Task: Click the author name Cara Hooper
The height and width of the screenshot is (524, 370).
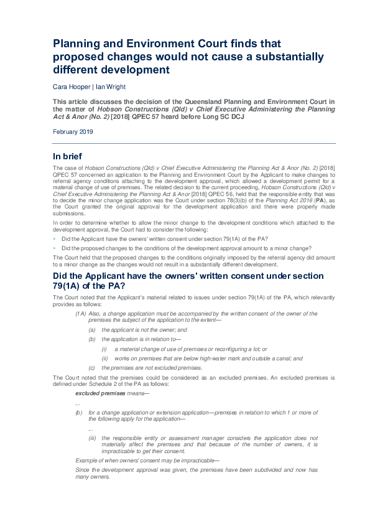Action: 69,87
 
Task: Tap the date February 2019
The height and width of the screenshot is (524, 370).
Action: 73,132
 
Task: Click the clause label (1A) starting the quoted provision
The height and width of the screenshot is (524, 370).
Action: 81,314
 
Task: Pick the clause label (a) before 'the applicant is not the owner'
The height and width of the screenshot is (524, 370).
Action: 92,330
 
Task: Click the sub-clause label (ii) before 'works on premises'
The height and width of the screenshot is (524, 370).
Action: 105,358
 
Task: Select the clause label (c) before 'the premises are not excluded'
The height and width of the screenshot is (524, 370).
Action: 92,368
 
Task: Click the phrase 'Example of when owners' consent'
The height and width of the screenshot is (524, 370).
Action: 112,460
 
